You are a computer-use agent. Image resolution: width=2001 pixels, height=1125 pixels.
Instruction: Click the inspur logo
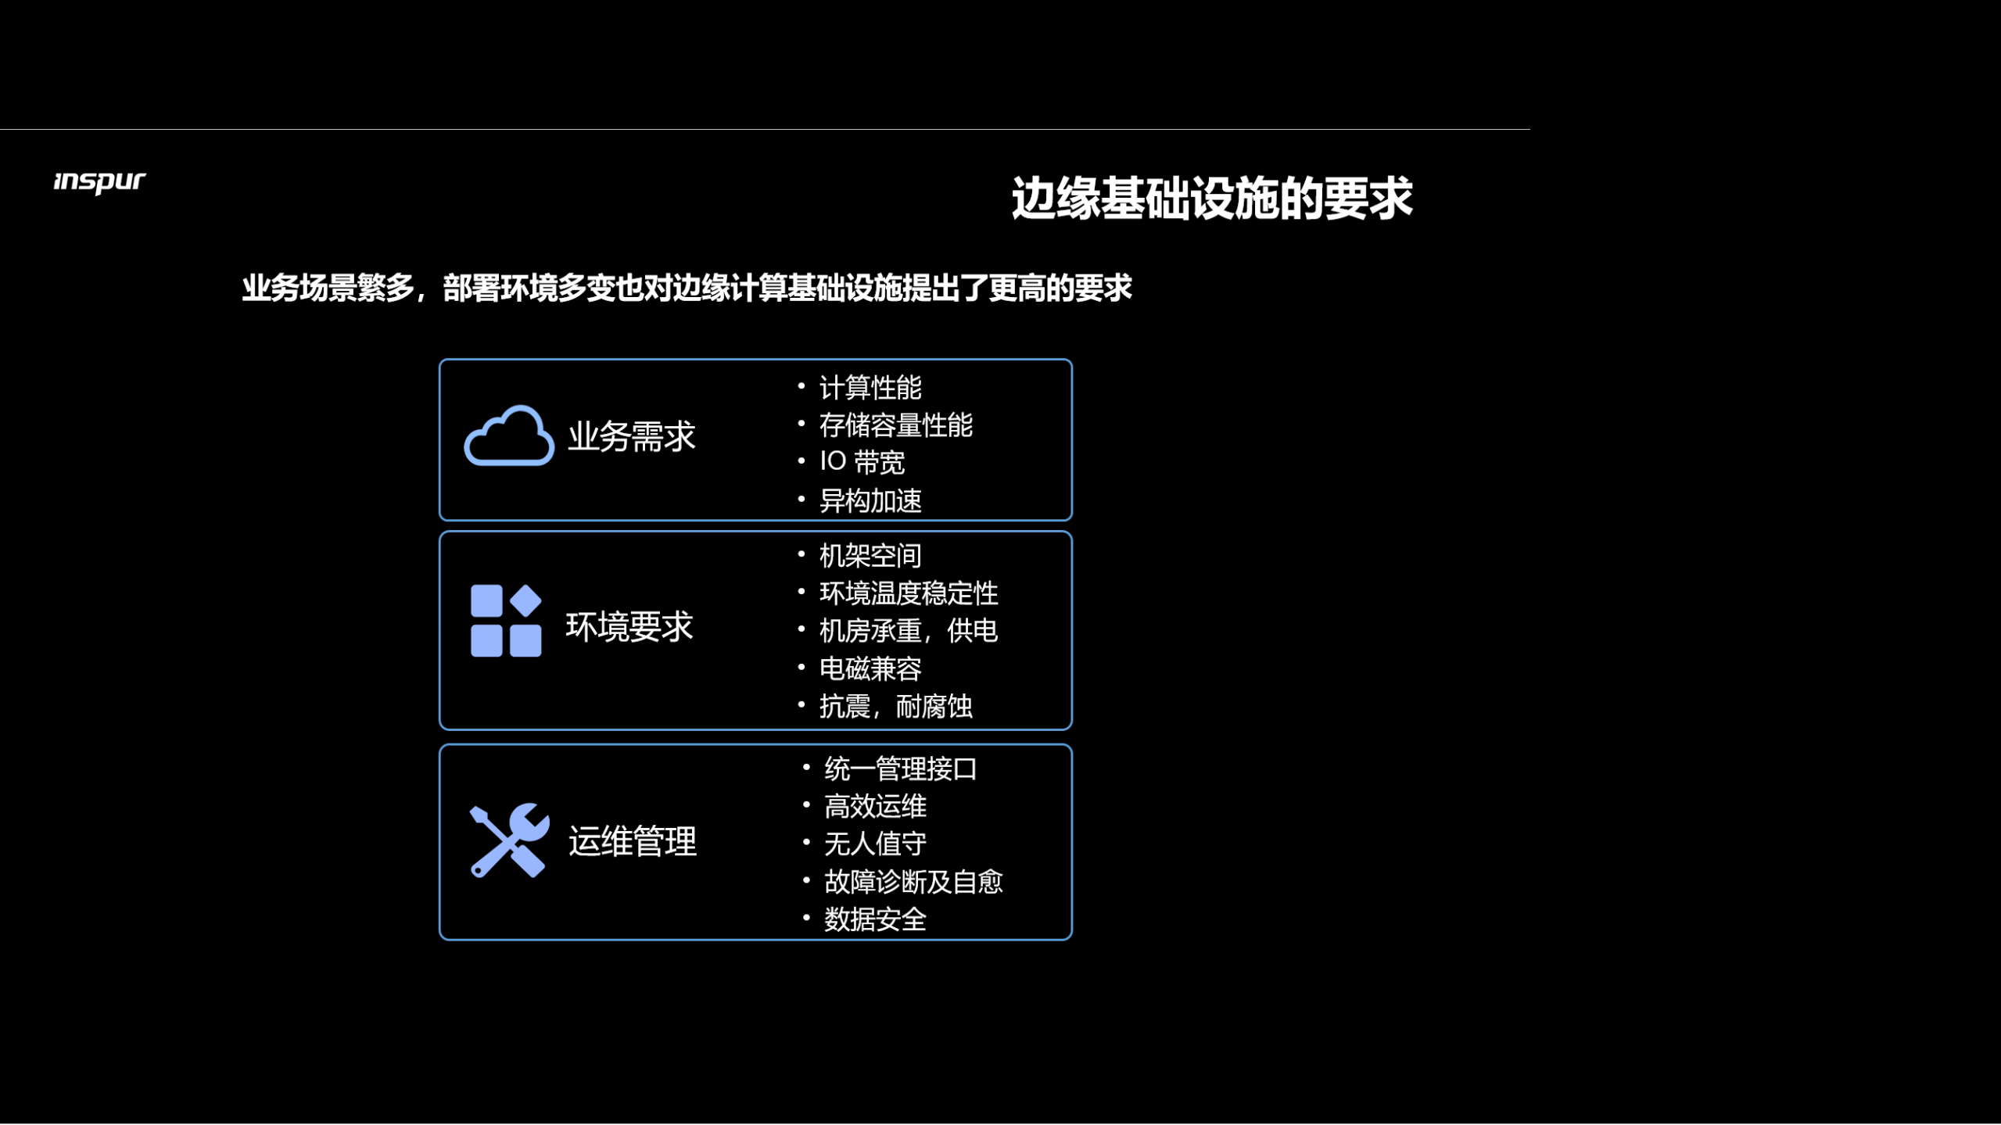[99, 182]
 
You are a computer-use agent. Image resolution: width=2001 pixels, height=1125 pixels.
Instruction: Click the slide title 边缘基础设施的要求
[1211, 199]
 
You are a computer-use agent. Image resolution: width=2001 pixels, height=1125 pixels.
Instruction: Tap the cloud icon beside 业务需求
[509, 436]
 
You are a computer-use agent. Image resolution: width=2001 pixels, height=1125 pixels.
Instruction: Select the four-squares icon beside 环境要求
[505, 621]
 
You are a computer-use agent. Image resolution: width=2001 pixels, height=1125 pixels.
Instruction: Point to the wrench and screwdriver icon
[508, 840]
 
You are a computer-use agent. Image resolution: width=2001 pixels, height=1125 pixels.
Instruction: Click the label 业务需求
[631, 436]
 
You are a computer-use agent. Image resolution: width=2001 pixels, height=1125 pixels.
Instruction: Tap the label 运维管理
[632, 842]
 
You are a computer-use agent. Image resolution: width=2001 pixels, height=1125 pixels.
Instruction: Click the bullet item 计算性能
[870, 388]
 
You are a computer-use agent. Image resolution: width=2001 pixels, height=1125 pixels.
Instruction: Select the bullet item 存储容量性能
[895, 425]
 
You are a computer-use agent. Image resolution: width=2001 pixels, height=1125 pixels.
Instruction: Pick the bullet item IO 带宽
[862, 462]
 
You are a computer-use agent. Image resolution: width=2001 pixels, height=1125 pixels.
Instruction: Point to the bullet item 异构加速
[870, 500]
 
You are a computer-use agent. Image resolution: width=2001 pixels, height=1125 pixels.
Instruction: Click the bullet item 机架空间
[870, 556]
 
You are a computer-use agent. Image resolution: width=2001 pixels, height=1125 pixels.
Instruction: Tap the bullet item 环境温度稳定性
[908, 593]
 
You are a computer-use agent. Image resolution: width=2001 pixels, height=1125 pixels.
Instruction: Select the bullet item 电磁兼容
[870, 668]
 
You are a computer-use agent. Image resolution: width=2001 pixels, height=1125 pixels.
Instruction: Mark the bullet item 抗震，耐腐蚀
[895, 707]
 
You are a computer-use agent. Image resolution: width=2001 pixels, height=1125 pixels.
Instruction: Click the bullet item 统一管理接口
[900, 769]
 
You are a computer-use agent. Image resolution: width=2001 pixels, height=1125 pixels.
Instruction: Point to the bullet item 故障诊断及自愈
[913, 882]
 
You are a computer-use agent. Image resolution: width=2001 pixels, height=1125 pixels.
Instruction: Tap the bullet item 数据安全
[874, 919]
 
